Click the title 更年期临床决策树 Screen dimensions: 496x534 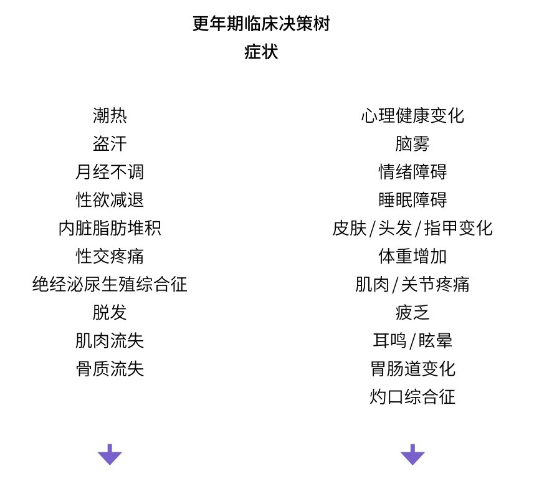coord(260,24)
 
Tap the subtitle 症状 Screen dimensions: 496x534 coord(260,52)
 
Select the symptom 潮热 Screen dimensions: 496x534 coord(110,115)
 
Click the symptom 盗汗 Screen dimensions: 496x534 coord(110,143)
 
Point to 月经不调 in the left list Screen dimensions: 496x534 coord(110,171)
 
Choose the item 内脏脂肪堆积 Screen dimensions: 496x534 coord(110,228)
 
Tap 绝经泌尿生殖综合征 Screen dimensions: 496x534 coord(110,284)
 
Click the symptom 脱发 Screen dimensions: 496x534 coord(110,312)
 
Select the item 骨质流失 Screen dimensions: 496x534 coord(110,369)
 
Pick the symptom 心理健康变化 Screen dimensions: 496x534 coord(412,115)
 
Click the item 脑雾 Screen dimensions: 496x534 coord(412,143)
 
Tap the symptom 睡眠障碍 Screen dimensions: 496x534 coord(412,200)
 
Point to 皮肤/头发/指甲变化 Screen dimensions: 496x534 coord(412,228)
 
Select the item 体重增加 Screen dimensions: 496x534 coord(412,256)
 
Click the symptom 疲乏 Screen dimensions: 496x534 coord(412,312)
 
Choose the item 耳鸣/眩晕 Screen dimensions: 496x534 coord(412,341)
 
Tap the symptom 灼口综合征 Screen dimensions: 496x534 coord(412,397)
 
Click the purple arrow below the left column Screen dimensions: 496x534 coord(110,454)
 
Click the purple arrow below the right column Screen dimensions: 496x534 coord(412,454)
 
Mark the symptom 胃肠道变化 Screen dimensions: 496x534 coord(412,369)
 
